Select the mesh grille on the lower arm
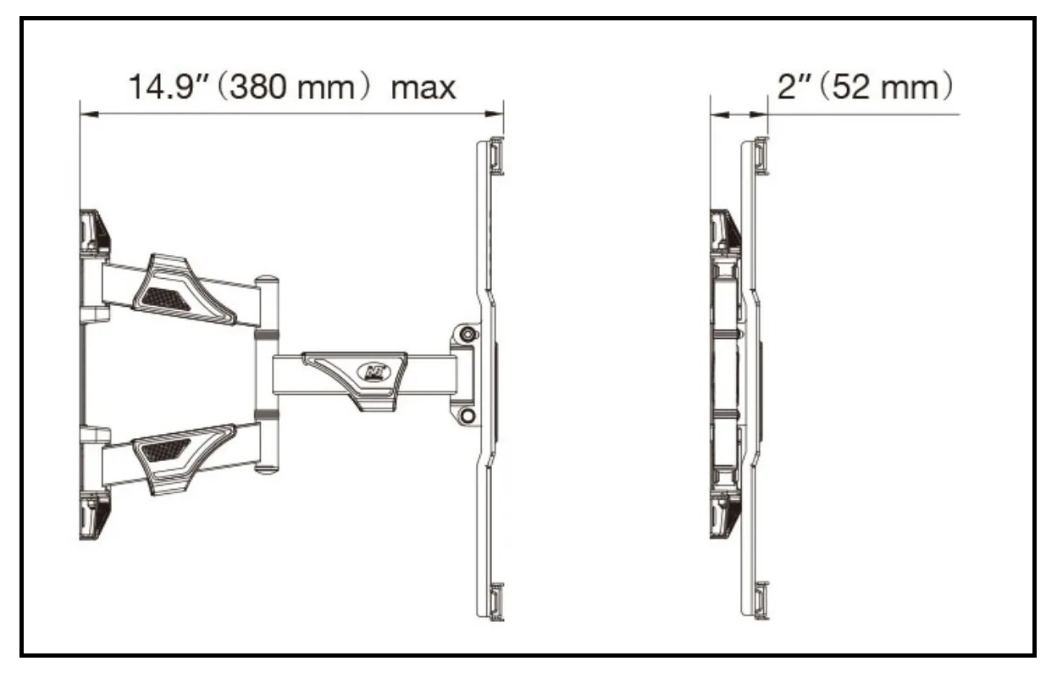point(166,450)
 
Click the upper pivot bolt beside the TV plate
point(467,334)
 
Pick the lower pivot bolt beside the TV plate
point(467,415)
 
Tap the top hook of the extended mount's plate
point(496,156)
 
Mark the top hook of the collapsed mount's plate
point(761,156)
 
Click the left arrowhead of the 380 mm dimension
point(85,114)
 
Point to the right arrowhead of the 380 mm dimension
point(498,114)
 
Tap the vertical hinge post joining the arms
point(265,373)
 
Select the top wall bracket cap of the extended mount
point(94,231)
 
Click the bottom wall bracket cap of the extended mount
point(94,516)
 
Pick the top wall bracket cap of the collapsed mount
point(724,231)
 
